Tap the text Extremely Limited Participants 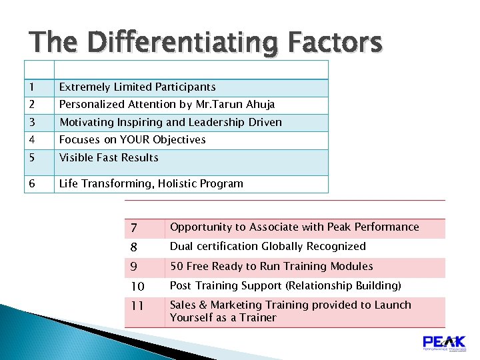click(137, 87)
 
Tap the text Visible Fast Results click(109, 158)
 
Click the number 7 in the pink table click(134, 228)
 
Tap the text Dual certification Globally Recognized click(267, 247)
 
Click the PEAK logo click(444, 344)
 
